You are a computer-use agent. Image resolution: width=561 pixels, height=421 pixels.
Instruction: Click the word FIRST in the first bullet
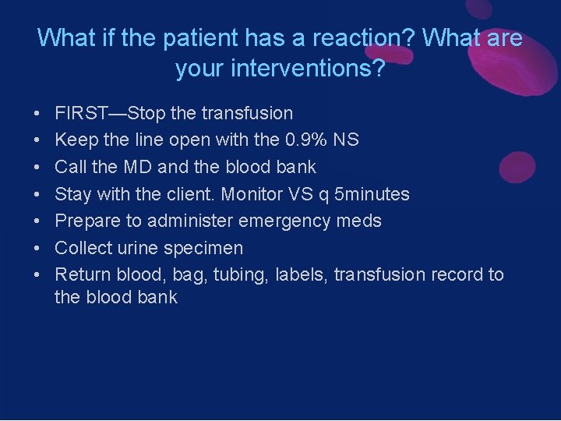pyautogui.click(x=80, y=113)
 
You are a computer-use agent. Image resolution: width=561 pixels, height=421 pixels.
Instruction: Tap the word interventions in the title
pyautogui.click(x=301, y=69)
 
